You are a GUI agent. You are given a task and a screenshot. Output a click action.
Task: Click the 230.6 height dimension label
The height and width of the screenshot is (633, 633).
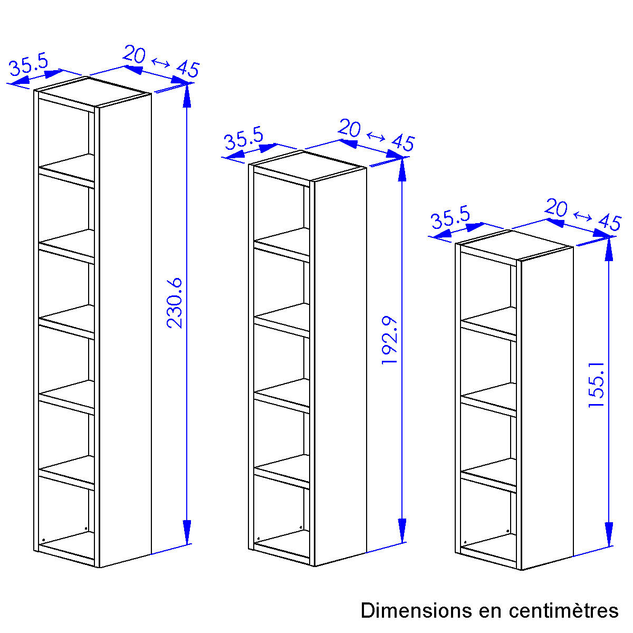point(175,303)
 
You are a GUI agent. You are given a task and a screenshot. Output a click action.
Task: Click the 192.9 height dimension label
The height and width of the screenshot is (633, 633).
point(390,340)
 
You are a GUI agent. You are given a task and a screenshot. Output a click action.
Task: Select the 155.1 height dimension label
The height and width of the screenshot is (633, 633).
point(596,385)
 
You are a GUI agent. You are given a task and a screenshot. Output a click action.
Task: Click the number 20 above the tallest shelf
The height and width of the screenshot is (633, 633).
point(134,54)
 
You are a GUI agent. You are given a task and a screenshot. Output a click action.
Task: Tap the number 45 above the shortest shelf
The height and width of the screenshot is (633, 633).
point(610,223)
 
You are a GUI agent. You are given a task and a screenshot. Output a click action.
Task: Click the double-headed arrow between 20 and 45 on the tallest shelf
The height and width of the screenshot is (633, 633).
point(161,62)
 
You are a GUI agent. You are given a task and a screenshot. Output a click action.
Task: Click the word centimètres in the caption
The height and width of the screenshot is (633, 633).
point(564,611)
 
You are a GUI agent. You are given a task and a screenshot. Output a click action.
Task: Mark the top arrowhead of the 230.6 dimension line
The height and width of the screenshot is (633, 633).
point(187,95)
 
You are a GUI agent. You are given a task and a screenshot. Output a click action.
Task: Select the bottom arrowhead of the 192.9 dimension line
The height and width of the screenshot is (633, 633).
point(402,531)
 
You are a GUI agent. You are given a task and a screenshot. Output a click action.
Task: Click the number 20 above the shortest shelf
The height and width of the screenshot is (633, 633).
point(556,208)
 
